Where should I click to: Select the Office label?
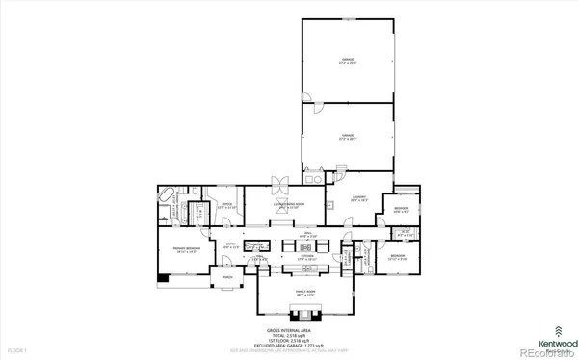(226, 205)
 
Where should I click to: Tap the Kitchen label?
(306, 257)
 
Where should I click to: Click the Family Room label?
(303, 292)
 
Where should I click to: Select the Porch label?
(228, 278)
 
